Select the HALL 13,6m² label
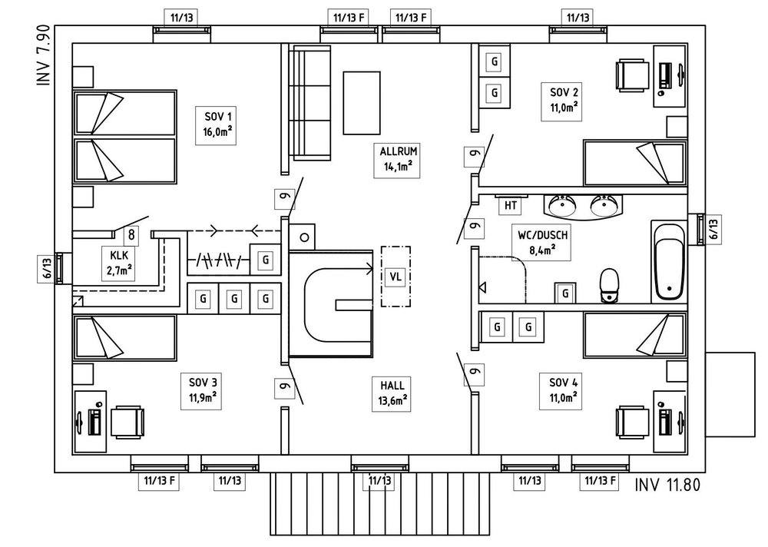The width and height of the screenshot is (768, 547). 392,391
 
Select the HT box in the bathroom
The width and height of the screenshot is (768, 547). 510,205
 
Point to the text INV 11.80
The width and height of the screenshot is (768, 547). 667,486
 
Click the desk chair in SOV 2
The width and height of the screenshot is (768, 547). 631,76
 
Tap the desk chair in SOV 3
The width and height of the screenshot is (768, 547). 127,422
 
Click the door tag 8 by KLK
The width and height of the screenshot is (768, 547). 131,236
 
